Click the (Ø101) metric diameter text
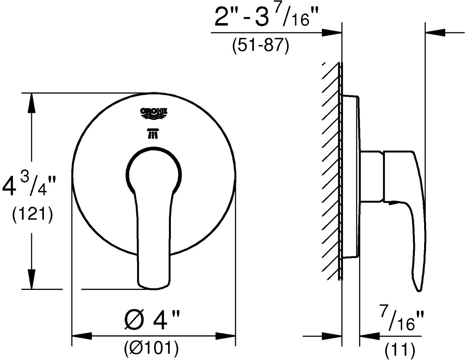151,348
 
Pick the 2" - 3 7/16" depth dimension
262,18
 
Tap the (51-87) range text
261,47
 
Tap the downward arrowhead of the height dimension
32,279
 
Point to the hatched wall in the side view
331,169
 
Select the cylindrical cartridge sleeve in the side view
372,176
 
